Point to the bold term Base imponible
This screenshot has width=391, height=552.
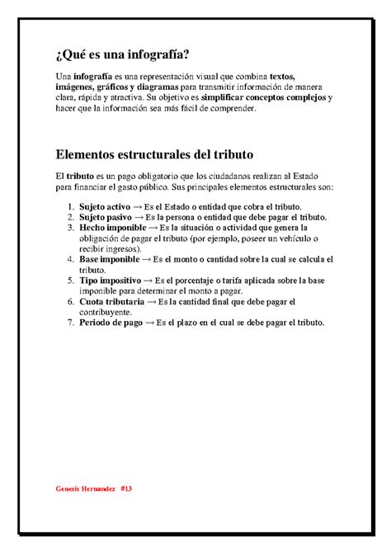pos(111,259)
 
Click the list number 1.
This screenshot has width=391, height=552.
pos(69,205)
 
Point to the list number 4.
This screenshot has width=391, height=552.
pos(69,259)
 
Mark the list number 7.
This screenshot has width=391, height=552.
pos(69,323)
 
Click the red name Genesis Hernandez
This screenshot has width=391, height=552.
pos(86,488)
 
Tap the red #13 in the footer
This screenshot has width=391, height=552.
pos(125,488)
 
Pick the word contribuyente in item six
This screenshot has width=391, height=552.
pos(106,313)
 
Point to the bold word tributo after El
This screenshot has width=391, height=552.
pos(79,177)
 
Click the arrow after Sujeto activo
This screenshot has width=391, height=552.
pos(143,205)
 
